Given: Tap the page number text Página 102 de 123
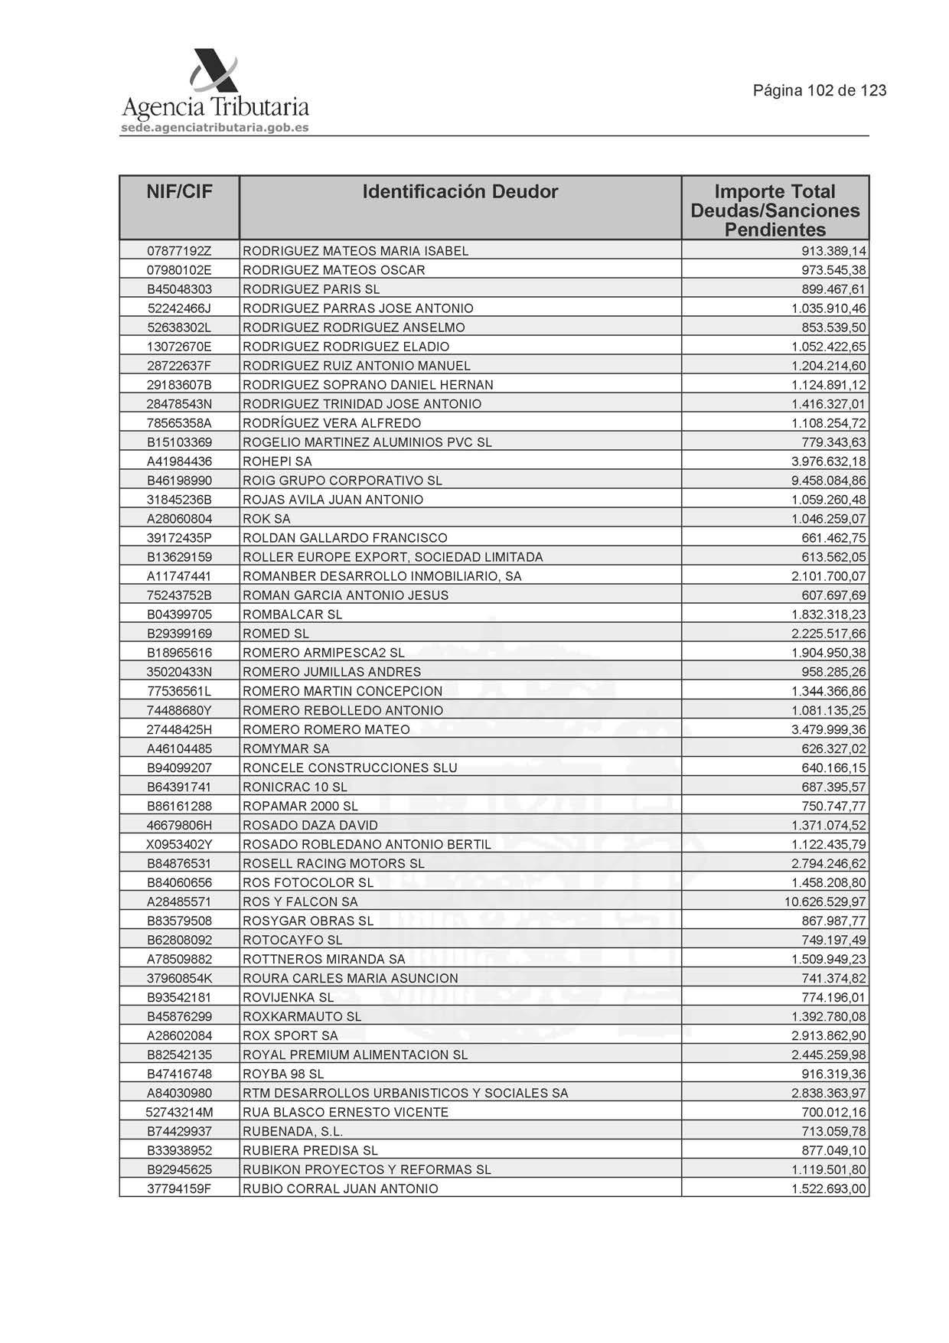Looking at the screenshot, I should coord(820,91).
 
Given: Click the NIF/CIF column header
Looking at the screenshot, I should coord(179,192).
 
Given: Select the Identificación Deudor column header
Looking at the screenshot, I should coord(460,192).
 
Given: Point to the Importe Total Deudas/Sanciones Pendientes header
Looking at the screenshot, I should coord(775,210).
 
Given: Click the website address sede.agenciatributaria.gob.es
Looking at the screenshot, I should coord(215,128).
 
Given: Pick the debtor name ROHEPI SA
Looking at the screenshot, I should coord(277,461).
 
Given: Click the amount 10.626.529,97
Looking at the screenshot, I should coord(825,902).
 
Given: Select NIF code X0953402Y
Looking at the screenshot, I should coord(179,845).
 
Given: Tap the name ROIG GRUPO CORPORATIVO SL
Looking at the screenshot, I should coord(342,481).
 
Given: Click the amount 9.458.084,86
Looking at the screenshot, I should coord(829,481).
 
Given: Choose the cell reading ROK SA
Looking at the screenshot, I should coord(266,519).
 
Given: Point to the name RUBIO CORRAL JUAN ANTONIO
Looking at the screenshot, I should coord(341,1189).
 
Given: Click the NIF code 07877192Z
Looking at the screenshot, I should coord(179,251).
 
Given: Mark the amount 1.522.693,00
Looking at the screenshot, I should coord(829,1189).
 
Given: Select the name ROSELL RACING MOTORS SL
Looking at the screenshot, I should coord(334,864).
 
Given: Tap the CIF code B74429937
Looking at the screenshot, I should coord(179,1132).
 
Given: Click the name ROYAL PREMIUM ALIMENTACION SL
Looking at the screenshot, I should coord(355,1055).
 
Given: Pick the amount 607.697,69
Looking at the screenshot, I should coord(833,595).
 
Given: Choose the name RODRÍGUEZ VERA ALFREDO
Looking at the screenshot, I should coord(331,423).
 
